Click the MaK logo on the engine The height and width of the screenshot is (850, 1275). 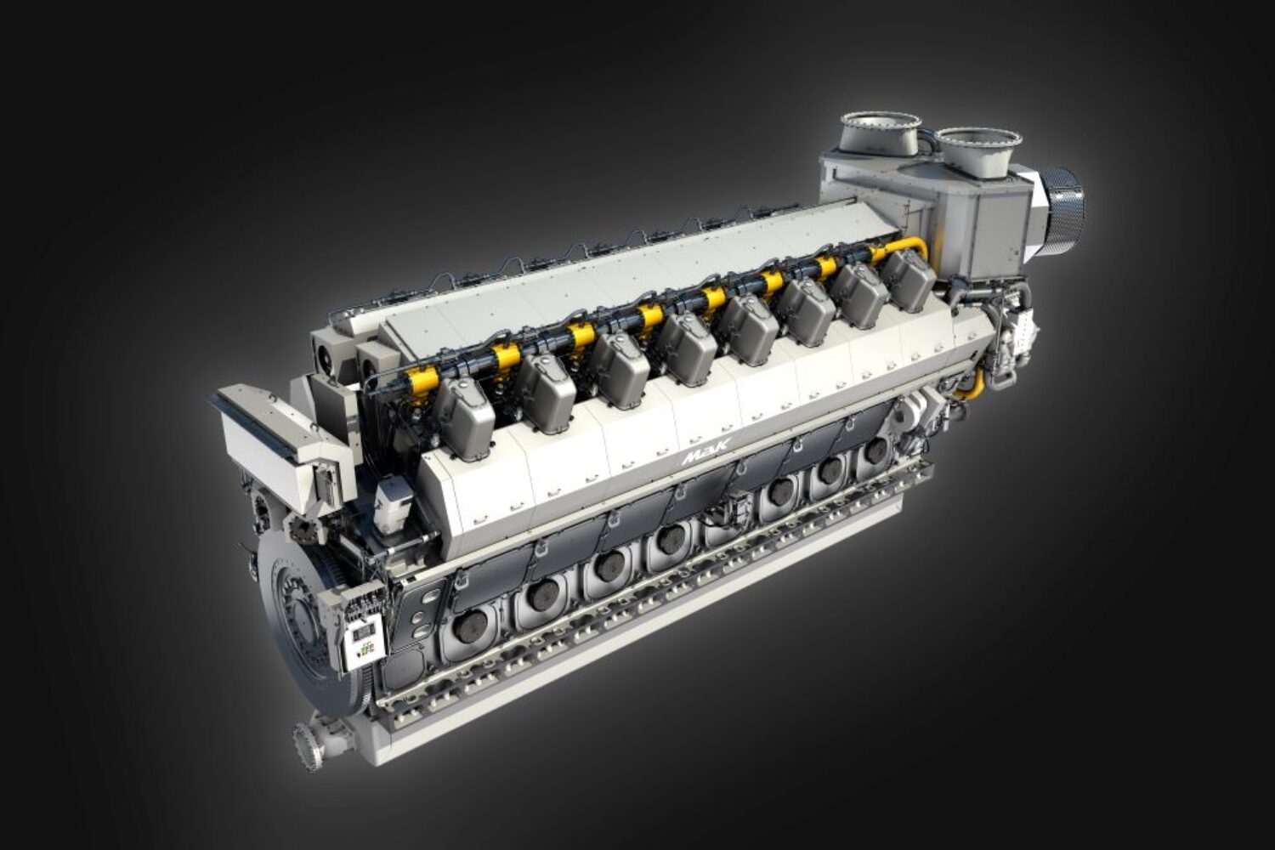click(706, 454)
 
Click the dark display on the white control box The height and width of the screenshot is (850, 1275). click(363, 631)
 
